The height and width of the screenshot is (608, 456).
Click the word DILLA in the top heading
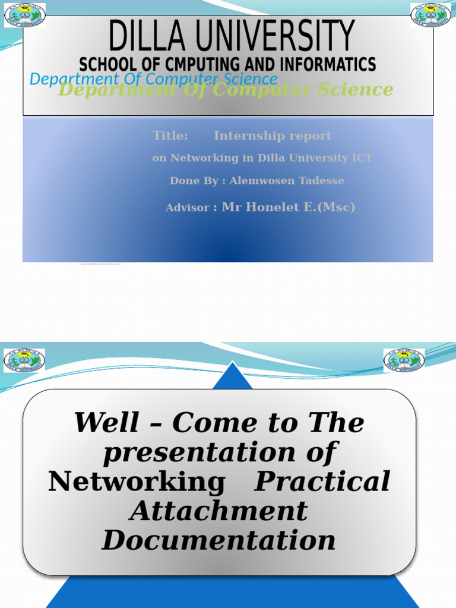(149, 36)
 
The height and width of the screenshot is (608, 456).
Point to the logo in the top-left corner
(25, 15)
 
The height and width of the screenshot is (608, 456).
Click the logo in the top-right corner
(431, 15)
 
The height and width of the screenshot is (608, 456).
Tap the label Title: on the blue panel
(170, 136)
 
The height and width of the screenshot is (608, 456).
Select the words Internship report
(273, 136)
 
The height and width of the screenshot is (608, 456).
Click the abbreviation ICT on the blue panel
(362, 158)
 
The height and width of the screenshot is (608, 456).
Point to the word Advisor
(187, 208)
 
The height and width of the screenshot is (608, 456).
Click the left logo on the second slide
(24, 360)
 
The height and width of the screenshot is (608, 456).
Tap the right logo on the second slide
(404, 360)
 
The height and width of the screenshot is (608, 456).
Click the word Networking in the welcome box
(137, 482)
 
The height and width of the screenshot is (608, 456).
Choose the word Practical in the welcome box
(322, 482)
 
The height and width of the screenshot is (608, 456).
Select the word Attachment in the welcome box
(219, 511)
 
